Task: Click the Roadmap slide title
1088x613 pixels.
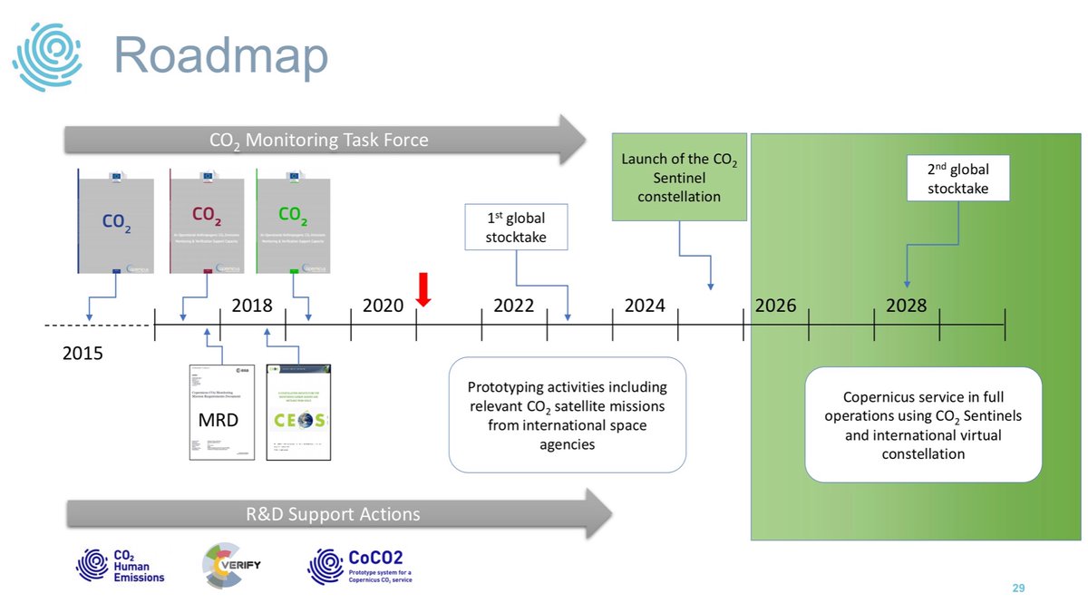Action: pyautogui.click(x=220, y=56)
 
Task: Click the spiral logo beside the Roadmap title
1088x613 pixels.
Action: pyautogui.click(x=47, y=57)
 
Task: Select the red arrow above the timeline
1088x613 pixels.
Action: pyautogui.click(x=422, y=288)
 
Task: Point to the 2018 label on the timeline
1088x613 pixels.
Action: pyautogui.click(x=252, y=306)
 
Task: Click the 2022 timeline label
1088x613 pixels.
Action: pyautogui.click(x=513, y=306)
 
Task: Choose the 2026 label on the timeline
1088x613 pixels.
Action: pyautogui.click(x=775, y=306)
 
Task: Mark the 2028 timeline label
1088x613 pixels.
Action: pyautogui.click(x=906, y=306)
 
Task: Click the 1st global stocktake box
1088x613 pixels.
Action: pyautogui.click(x=516, y=228)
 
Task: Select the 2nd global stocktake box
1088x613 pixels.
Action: pyautogui.click(x=958, y=178)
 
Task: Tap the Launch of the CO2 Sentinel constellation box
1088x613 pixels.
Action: pyautogui.click(x=679, y=177)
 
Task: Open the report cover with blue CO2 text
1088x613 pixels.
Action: pyautogui.click(x=116, y=220)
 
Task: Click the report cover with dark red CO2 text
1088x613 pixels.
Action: pyautogui.click(x=207, y=220)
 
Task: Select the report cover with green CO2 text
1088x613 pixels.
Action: pyautogui.click(x=293, y=220)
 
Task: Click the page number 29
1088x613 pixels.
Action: pyautogui.click(x=1018, y=589)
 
